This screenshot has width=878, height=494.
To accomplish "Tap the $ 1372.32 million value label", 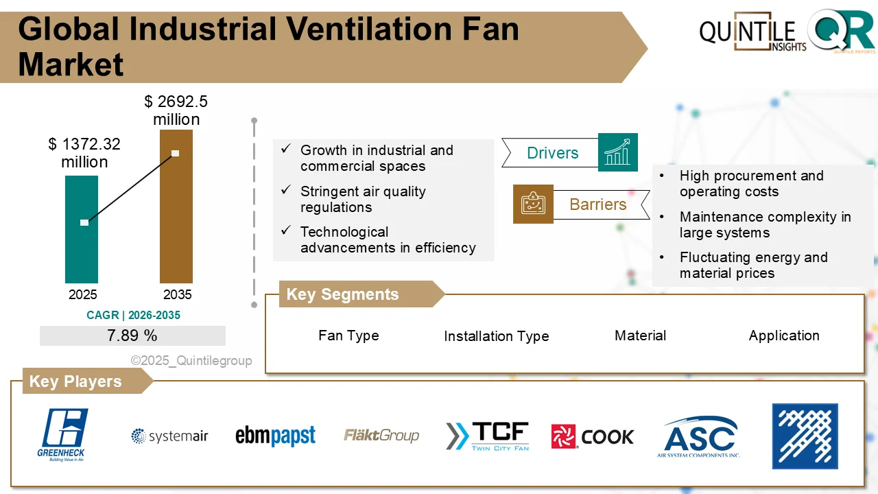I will (84, 153).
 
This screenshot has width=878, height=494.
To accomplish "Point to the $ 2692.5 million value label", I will (176, 110).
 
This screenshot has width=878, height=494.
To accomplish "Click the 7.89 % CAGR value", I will (132, 336).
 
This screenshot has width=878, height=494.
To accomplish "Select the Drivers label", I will (552, 153).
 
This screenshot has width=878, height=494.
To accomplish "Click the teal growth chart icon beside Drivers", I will (617, 152).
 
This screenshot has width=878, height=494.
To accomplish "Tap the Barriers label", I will (597, 204).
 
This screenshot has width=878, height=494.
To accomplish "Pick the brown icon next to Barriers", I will (533, 204).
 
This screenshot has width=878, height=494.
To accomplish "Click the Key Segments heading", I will (342, 294).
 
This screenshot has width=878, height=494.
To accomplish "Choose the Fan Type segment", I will (348, 336).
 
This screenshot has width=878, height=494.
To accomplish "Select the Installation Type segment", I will (496, 336).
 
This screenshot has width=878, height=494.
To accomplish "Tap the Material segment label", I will (640, 336).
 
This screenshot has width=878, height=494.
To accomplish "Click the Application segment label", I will (784, 336).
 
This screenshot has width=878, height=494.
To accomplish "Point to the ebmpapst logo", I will (275, 436).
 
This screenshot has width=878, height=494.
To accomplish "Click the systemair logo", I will (169, 436).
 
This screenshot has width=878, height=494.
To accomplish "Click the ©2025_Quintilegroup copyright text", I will (191, 360).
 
